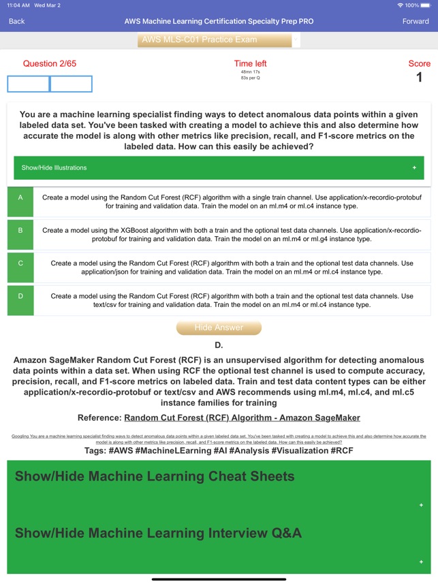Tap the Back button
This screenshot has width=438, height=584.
(x=16, y=21)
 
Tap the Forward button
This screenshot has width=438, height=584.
(x=416, y=21)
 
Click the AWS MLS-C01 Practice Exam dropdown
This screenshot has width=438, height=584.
(x=219, y=40)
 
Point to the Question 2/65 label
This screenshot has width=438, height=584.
(x=50, y=64)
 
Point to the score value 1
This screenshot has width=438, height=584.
(x=419, y=78)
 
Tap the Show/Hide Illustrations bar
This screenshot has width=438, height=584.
(x=219, y=167)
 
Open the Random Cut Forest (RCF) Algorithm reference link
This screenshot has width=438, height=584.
(x=242, y=417)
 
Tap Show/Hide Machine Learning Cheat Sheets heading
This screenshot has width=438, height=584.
(x=155, y=476)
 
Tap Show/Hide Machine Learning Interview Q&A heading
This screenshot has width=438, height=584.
(x=158, y=532)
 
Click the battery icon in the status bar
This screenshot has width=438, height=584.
(x=424, y=5)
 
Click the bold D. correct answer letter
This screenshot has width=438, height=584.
(x=219, y=346)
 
